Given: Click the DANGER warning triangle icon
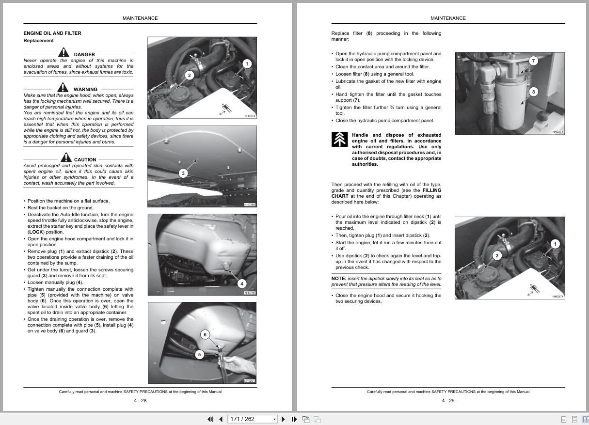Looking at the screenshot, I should (x=64, y=52).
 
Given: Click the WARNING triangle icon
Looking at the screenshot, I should (x=63, y=87).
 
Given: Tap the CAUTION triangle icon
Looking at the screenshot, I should (x=66, y=157).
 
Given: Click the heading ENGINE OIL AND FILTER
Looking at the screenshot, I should (x=52, y=33).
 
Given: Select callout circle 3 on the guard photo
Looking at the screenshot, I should (x=183, y=173).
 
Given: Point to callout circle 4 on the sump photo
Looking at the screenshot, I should (x=241, y=283).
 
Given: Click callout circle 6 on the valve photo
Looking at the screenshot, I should (x=205, y=334).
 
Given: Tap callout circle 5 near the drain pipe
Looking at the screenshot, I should (x=199, y=355).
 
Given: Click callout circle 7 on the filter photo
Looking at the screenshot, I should (x=533, y=61).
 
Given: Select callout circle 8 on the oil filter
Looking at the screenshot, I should (x=533, y=92).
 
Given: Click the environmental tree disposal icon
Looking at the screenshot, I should (x=339, y=139).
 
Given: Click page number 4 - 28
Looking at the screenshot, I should (x=140, y=400).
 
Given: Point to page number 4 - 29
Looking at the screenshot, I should (x=448, y=400).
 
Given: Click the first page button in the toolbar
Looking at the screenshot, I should (x=210, y=419).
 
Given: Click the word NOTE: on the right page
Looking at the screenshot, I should (x=338, y=279).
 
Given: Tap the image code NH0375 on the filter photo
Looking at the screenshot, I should (x=557, y=132).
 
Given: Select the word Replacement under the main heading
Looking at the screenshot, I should (x=39, y=41).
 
